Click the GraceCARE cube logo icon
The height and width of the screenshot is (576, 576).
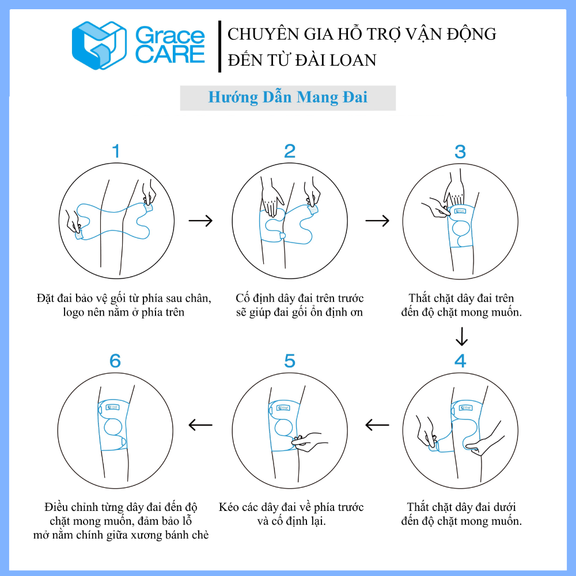[x=99, y=46]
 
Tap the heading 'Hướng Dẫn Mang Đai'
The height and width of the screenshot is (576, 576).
[x=287, y=97]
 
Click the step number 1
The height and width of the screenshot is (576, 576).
[x=116, y=151]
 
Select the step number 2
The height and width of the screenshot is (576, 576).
[x=290, y=151]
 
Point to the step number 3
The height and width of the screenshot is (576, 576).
[x=460, y=151]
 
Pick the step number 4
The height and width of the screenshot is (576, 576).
[x=460, y=361]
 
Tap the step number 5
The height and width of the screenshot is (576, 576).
[x=290, y=361]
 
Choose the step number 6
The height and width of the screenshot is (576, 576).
[x=115, y=361]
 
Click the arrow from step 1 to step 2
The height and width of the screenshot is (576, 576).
[x=200, y=221]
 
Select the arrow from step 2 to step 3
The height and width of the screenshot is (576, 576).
[x=377, y=221]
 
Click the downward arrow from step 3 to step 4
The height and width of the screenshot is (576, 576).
[x=461, y=336]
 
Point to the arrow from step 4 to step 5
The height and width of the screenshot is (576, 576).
[x=377, y=425]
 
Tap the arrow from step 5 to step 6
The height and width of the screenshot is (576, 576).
[x=200, y=425]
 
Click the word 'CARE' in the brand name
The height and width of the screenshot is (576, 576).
[x=170, y=54]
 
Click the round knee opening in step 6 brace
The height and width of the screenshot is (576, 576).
[x=113, y=427]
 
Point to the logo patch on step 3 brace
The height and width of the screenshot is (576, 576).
[x=460, y=211]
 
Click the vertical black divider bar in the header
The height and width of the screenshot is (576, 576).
[x=219, y=47]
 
